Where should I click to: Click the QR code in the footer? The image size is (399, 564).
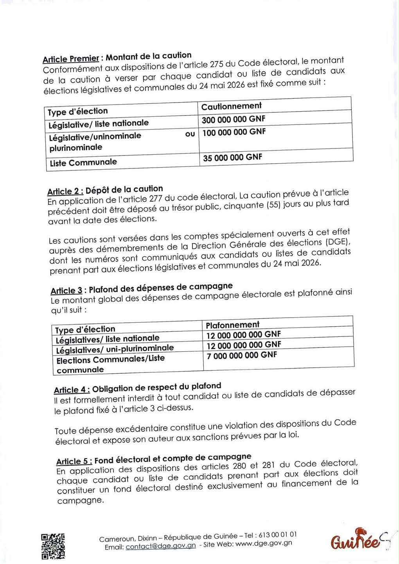[53, 546]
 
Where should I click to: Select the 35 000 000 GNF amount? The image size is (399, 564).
[232, 158]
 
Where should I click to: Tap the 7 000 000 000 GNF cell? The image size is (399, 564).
[242, 355]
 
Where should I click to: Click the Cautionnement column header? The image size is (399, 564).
[231, 106]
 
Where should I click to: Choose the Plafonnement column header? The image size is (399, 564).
[232, 325]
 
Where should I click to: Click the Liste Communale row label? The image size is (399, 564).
[83, 163]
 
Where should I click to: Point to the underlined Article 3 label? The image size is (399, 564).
[66, 291]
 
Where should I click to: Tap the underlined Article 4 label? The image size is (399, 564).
[72, 390]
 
